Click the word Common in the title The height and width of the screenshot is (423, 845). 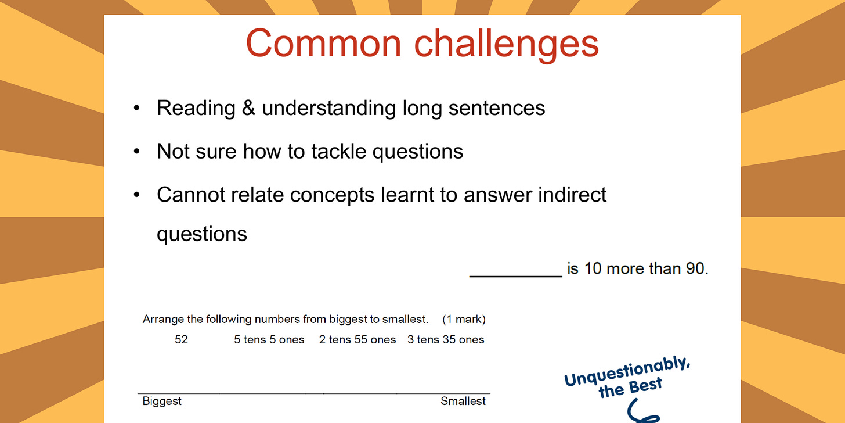point(323,44)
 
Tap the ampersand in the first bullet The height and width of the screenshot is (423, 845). point(248,108)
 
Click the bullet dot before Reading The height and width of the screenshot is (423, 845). point(137,109)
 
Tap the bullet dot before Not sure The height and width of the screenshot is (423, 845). point(137,152)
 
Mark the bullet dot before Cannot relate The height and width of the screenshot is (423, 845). point(137,195)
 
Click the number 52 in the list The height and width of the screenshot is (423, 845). point(181,340)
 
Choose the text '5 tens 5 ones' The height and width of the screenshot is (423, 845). point(269,340)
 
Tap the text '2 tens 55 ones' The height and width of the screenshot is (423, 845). point(358,340)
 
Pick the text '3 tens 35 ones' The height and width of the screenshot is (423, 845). point(446,340)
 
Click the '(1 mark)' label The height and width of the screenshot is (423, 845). point(464,320)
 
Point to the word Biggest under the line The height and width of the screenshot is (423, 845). point(162,402)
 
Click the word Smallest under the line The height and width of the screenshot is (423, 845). point(463,402)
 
